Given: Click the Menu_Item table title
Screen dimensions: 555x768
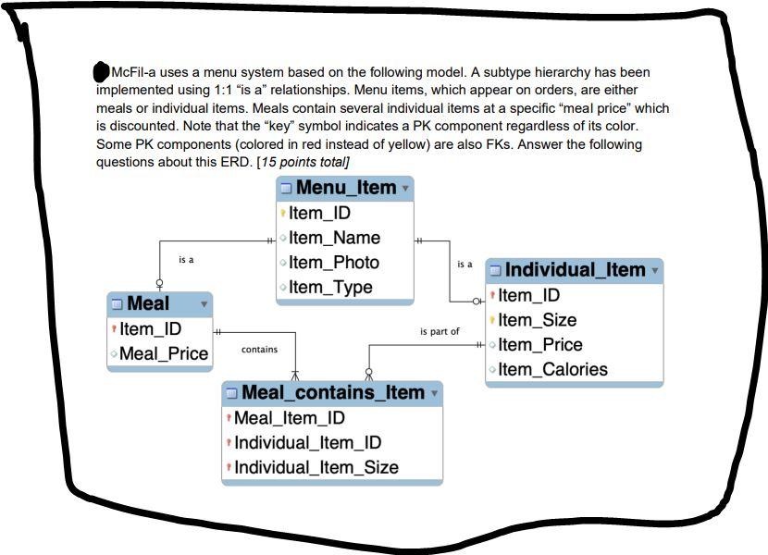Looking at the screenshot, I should point(345,188).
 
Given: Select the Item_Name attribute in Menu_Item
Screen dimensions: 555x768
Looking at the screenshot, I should point(334,238).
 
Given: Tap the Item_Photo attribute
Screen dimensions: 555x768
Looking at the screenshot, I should point(333,263).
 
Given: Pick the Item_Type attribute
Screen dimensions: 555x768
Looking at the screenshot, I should point(330,288).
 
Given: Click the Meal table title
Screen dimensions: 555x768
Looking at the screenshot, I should point(148,303).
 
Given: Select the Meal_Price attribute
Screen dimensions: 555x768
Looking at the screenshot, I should point(164,353).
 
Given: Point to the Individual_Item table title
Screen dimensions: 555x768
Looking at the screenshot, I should point(575,270).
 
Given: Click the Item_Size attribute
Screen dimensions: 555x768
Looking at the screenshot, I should point(537,320).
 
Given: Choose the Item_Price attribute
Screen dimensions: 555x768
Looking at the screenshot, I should point(540,345).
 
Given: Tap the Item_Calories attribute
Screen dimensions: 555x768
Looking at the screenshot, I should point(552,370).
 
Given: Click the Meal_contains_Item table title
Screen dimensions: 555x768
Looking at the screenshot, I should point(332,393).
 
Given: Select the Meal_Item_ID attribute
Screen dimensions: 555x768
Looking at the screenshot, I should point(289,418).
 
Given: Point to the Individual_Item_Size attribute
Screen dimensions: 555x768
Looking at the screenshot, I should point(316,468).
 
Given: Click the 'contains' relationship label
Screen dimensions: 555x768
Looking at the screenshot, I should point(259,350).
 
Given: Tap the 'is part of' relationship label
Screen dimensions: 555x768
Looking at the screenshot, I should point(440,331).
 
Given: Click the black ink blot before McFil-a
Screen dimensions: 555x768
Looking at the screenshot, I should point(102,71).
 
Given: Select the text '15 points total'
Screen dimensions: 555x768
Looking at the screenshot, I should point(303,162).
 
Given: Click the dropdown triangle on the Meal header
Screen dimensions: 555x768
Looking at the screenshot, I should point(204,304).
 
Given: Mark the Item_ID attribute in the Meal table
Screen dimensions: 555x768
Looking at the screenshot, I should point(150,328).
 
